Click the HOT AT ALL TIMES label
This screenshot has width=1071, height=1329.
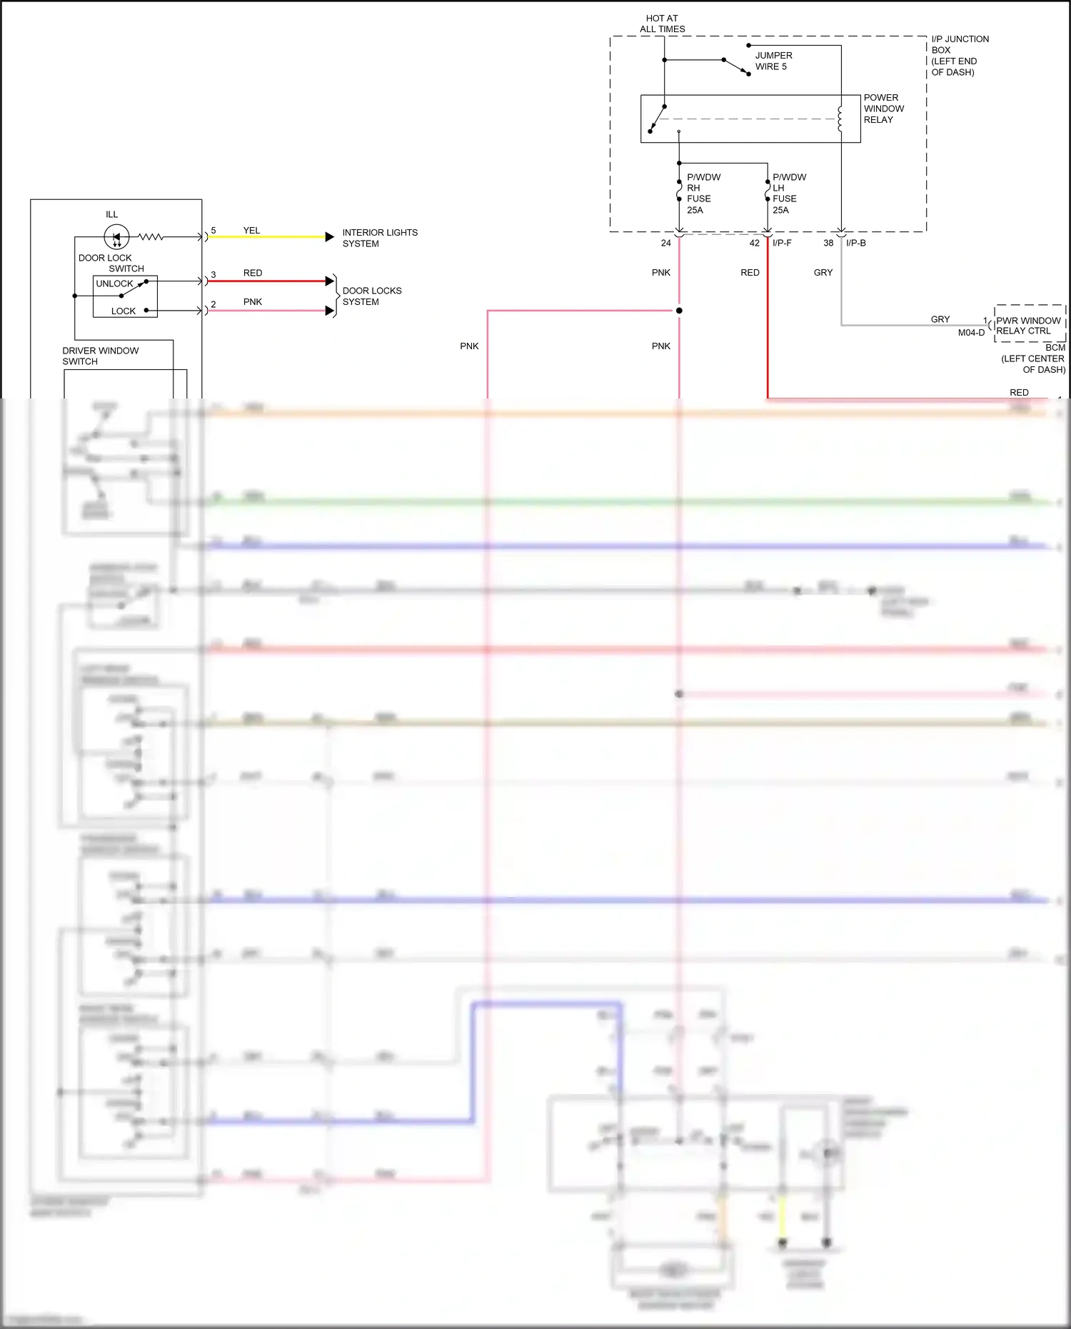pyautogui.click(x=662, y=24)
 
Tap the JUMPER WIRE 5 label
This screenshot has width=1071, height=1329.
pyautogui.click(x=773, y=61)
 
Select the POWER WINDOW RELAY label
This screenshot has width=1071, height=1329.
pyautogui.click(x=883, y=109)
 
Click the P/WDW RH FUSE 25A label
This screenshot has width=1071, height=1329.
pyautogui.click(x=703, y=194)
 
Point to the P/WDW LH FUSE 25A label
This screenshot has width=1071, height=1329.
pyautogui.click(x=788, y=194)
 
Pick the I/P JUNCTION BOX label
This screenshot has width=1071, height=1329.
pyautogui.click(x=959, y=56)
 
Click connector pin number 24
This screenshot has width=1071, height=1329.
pyautogui.click(x=665, y=244)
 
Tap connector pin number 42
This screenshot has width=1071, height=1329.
pyautogui.click(x=754, y=244)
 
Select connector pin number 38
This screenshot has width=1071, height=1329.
pyautogui.click(x=828, y=244)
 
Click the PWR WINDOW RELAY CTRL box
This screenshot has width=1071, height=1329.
pyautogui.click(x=1029, y=326)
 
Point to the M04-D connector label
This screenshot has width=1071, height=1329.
pyautogui.click(x=971, y=333)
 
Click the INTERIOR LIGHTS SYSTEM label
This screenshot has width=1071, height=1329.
pyautogui.click(x=379, y=238)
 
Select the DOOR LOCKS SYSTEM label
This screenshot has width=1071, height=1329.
pyautogui.click(x=371, y=296)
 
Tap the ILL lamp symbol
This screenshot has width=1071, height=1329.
pyautogui.click(x=116, y=236)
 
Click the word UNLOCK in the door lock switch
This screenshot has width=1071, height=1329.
pyautogui.click(x=114, y=284)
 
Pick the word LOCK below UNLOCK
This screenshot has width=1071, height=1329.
pyautogui.click(x=123, y=311)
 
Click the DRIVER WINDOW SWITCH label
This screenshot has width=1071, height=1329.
pyautogui.click(x=100, y=356)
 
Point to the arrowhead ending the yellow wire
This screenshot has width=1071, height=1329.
pyautogui.click(x=329, y=236)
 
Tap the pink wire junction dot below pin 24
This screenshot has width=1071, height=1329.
pyautogui.click(x=679, y=311)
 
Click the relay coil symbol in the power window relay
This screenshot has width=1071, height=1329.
pyautogui.click(x=840, y=119)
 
